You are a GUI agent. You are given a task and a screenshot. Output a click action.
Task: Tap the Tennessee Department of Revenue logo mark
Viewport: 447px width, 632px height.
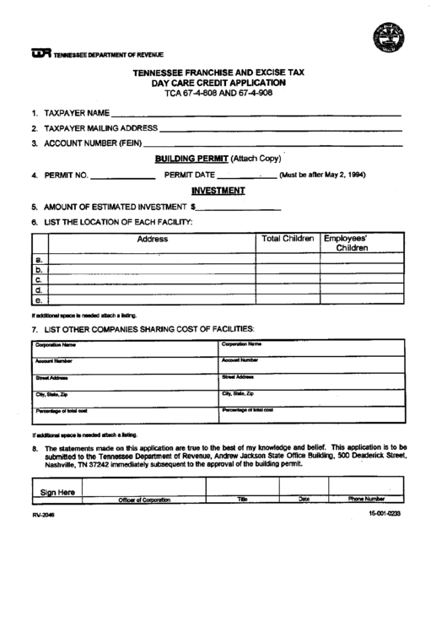[x=40, y=55]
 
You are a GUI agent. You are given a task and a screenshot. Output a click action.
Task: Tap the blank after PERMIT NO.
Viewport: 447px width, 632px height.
[x=122, y=177]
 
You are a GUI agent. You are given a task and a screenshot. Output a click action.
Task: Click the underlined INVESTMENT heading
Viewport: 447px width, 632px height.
[x=218, y=191]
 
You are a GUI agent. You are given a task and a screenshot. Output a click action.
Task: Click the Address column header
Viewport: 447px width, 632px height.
[x=152, y=239]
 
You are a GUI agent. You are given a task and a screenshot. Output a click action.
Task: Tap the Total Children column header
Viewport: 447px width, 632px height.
[x=288, y=239]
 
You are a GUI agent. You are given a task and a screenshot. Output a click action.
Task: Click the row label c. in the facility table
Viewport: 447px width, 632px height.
[x=38, y=278]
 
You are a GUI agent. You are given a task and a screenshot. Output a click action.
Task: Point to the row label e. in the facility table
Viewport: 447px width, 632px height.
[x=38, y=300]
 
